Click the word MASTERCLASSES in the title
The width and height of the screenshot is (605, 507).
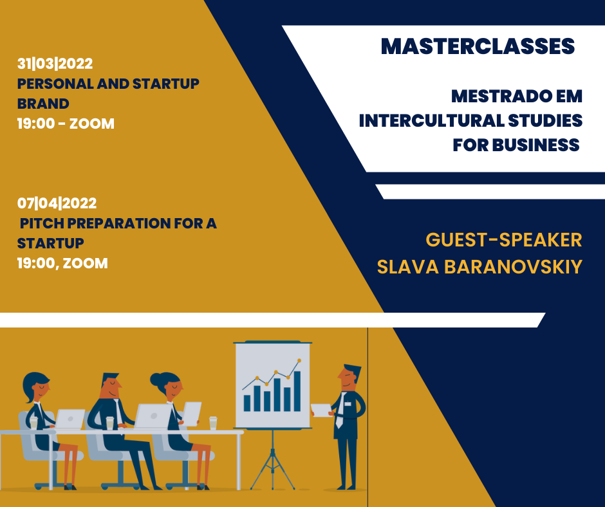478,46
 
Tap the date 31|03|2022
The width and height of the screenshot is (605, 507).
55,64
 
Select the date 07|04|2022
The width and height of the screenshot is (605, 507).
57,203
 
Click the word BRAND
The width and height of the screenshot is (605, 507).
43,104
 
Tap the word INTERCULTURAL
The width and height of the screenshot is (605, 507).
431,121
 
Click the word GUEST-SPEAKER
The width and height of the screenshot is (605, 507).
504,240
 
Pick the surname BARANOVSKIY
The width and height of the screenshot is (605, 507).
513,267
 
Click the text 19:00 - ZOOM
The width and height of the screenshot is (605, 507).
66,124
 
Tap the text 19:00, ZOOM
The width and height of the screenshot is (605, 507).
62,264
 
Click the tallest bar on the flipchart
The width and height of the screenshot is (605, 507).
297,391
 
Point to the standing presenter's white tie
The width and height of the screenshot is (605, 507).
340,410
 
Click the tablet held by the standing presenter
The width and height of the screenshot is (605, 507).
321,410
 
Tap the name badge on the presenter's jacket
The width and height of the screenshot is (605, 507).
348,404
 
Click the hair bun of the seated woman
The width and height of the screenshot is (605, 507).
156,380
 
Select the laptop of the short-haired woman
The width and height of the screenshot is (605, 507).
70,419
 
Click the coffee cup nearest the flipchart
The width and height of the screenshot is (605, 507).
213,423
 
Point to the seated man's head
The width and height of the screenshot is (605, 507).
110,385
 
